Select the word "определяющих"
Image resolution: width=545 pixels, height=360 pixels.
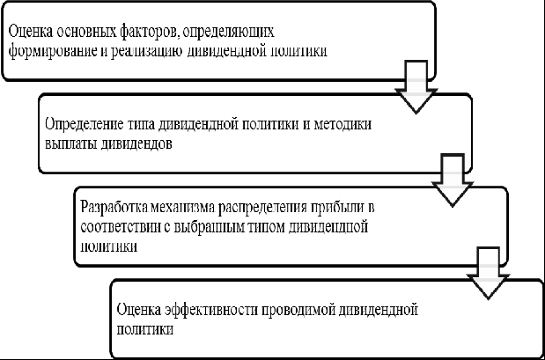pyautogui.click(x=228, y=33)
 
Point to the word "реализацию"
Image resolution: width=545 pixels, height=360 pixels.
pyautogui.click(x=147, y=53)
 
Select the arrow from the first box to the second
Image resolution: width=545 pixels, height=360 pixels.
pyautogui.click(x=416, y=87)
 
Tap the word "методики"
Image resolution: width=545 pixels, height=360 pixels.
pyautogui.click(x=342, y=125)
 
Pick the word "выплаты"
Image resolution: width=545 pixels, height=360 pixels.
pyautogui.click(x=70, y=144)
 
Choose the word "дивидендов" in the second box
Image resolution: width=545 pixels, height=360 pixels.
pyautogui.click(x=136, y=144)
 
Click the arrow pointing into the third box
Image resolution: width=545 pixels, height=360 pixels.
pyautogui.click(x=453, y=180)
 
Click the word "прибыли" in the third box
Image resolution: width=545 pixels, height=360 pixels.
pyautogui.click(x=336, y=208)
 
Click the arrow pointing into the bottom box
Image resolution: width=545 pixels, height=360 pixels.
pyautogui.click(x=488, y=273)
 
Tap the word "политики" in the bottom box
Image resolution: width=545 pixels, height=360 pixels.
pyautogui.click(x=145, y=329)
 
